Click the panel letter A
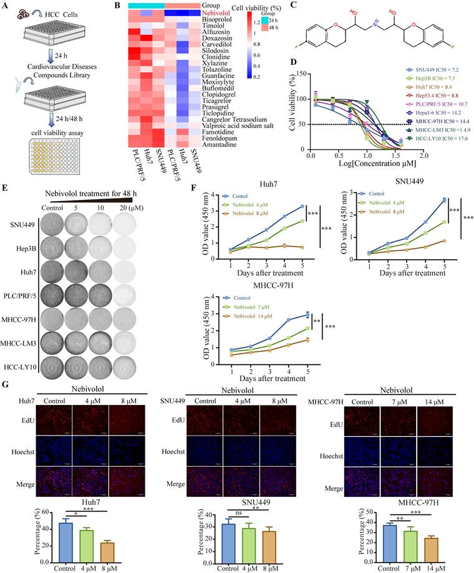click(x=5, y=6)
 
